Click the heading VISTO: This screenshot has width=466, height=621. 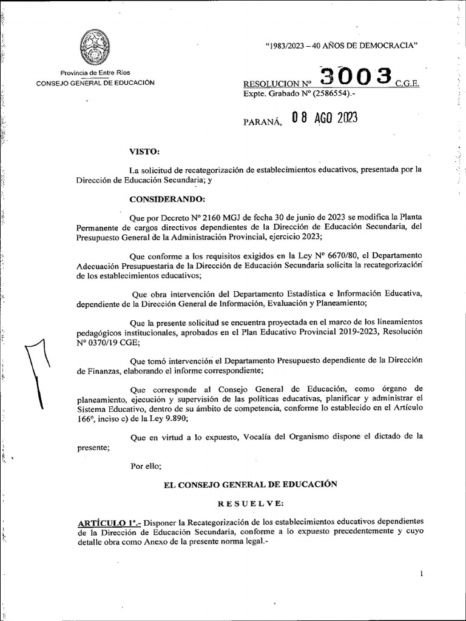coord(145,151)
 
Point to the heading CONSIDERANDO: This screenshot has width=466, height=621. coord(167,198)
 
